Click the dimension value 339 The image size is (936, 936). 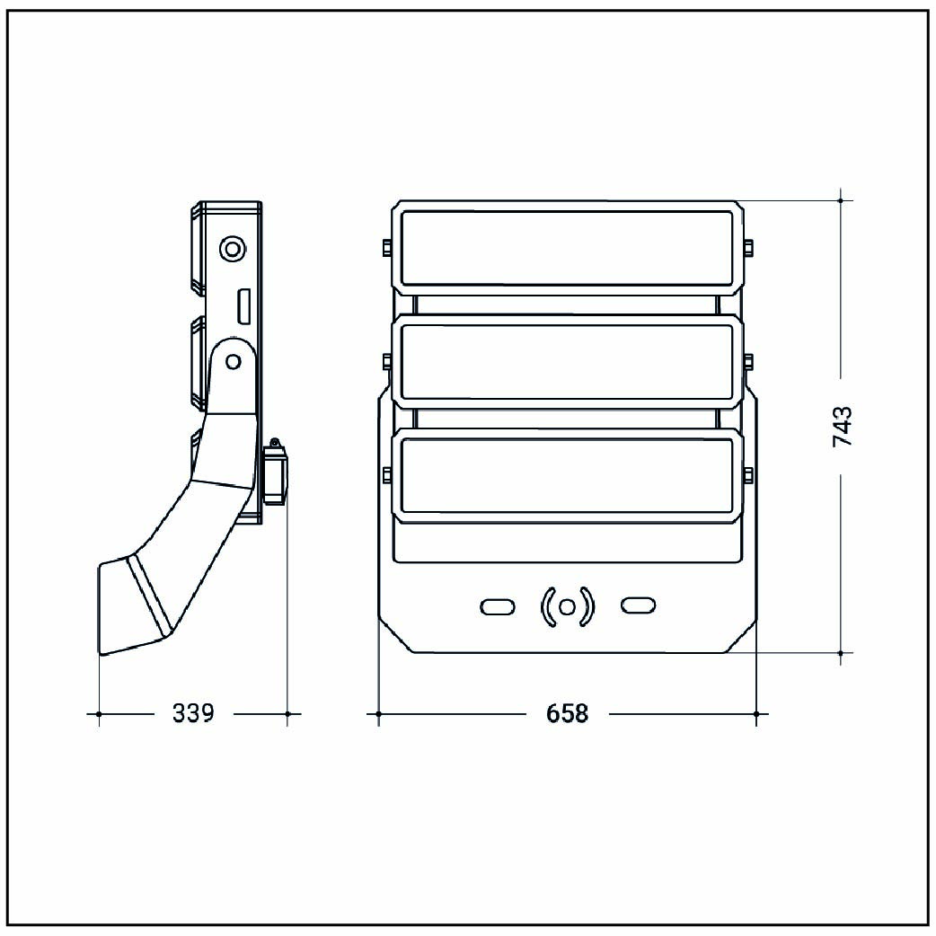(x=193, y=713)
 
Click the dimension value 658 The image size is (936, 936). (x=567, y=713)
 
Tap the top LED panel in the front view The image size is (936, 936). (x=567, y=248)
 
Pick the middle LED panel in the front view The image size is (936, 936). (x=567, y=362)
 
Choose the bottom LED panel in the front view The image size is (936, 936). (x=567, y=476)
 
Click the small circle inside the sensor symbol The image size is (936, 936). (x=567, y=607)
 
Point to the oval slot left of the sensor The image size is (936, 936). (x=496, y=607)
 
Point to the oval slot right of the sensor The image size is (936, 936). (x=639, y=607)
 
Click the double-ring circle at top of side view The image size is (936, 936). (x=233, y=248)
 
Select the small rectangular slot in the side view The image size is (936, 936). (x=243, y=305)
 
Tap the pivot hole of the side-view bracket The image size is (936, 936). (x=234, y=361)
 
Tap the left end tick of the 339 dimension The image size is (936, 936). (x=98, y=713)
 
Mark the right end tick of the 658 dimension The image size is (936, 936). (x=756, y=713)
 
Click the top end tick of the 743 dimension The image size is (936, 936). (x=840, y=200)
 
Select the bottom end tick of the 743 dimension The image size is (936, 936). (x=840, y=652)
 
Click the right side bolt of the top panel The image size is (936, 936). (x=748, y=246)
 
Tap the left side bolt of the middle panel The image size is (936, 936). (x=386, y=361)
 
